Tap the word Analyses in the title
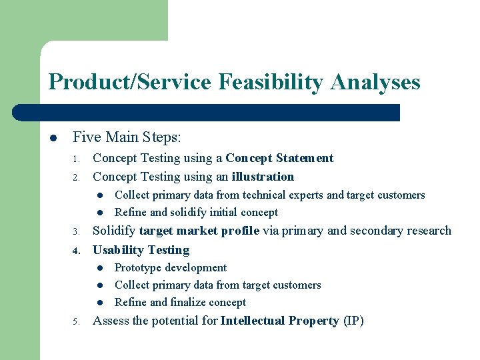tap(375, 82)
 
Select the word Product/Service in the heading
tap(129, 82)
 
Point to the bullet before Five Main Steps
tap(53, 139)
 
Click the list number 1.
tap(77, 159)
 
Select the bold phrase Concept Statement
tap(279, 158)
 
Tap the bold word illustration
tap(263, 177)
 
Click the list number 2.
tap(77, 178)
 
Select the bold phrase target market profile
tap(199, 231)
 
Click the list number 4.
tap(77, 251)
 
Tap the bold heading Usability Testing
tap(141, 250)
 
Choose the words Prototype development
tap(171, 268)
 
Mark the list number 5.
tap(77, 322)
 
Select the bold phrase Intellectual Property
tap(279, 321)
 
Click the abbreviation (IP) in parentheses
tap(353, 321)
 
